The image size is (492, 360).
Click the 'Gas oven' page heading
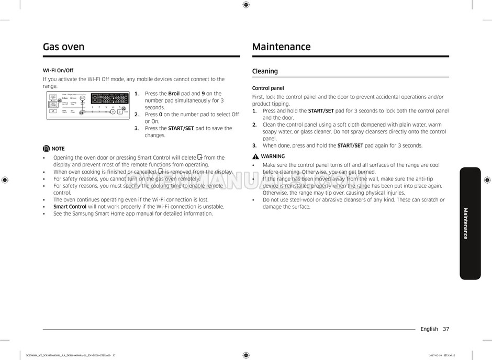pyautogui.click(x=63, y=47)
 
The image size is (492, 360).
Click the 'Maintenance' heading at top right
pyautogui.click(x=281, y=47)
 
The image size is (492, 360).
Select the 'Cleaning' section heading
pyautogui.click(x=265, y=71)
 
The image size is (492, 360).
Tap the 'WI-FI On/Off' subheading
pyautogui.click(x=58, y=70)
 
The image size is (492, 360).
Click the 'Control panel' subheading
pyautogui.click(x=268, y=88)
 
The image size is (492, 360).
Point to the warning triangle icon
pyautogui.click(x=255, y=156)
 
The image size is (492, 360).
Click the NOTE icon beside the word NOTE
pyautogui.click(x=47, y=149)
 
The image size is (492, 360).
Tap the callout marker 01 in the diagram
pyautogui.click(x=81, y=113)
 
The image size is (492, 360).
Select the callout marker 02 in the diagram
pyautogui.click(x=124, y=108)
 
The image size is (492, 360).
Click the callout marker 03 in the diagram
pyautogui.click(x=60, y=101)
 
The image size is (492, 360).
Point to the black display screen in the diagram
pyautogui.click(x=109, y=98)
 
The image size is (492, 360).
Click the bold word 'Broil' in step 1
pyautogui.click(x=174, y=94)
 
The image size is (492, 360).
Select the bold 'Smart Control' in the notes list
pyautogui.click(x=70, y=207)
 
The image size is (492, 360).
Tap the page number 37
pyautogui.click(x=445, y=329)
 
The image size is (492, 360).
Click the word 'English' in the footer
pyautogui.click(x=429, y=329)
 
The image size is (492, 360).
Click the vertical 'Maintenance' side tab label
pyautogui.click(x=465, y=223)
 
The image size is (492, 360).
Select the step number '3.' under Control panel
pyautogui.click(x=254, y=146)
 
